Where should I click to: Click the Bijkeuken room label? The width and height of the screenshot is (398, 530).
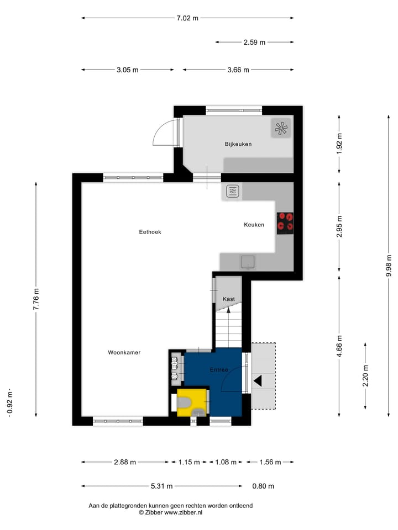pos(238,144)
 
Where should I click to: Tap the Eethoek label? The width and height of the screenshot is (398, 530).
pos(150,232)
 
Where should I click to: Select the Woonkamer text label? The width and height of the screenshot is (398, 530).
pos(124,352)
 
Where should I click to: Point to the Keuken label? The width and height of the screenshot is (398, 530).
pos(254,225)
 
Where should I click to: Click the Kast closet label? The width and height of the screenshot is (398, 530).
pos(228,299)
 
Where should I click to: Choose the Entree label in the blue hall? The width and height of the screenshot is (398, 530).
pos(219,369)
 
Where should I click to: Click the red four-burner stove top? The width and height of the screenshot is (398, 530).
pos(285,222)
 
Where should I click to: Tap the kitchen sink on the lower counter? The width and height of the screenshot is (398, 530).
pos(248,261)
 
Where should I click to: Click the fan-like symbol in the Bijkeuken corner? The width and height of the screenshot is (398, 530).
pos(280,129)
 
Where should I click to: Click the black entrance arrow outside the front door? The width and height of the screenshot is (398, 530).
pos(258,380)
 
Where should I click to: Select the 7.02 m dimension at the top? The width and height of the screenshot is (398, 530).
pos(187,18)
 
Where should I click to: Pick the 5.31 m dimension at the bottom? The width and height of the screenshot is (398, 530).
pos(161,486)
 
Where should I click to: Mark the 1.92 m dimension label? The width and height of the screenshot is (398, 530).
pos(339,144)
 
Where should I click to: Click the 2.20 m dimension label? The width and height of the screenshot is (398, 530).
pos(365,375)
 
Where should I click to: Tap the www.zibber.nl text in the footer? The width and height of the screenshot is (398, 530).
pos(182,513)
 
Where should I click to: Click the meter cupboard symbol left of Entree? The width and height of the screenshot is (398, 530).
pos(175,367)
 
